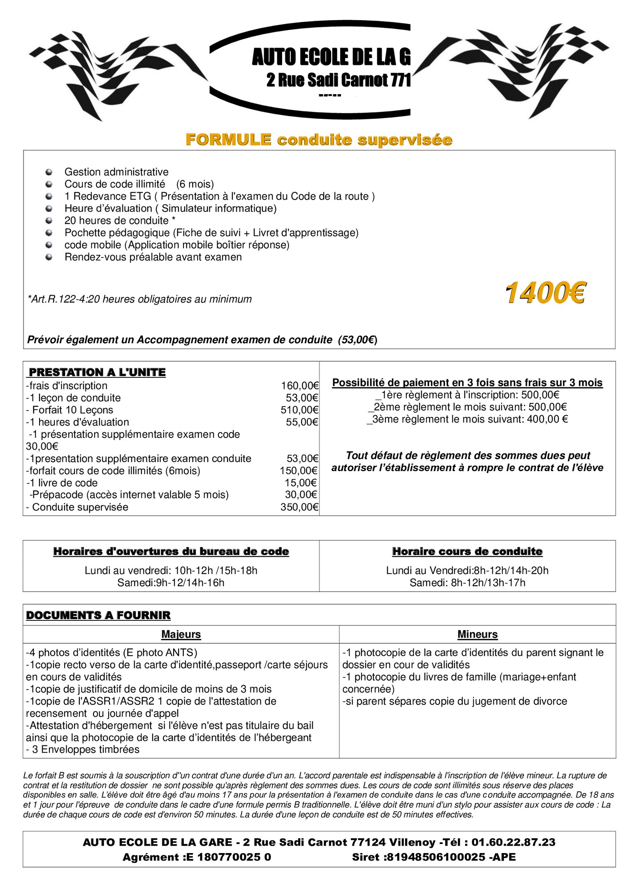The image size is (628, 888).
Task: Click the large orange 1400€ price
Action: click(545, 293)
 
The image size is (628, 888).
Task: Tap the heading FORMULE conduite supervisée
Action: click(319, 140)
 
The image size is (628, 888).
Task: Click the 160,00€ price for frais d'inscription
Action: click(299, 386)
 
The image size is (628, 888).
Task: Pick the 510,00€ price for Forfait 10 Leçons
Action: click(299, 410)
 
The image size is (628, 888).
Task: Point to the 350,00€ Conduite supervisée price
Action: click(299, 507)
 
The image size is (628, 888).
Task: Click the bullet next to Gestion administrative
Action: click(49, 172)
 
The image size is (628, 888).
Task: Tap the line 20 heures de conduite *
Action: click(120, 221)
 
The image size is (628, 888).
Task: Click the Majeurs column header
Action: click(181, 634)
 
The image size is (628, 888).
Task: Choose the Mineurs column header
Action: click(477, 634)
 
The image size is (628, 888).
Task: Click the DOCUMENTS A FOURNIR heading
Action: click(98, 615)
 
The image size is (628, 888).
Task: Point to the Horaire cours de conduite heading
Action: click(467, 551)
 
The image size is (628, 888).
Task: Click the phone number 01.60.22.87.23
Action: click(513, 842)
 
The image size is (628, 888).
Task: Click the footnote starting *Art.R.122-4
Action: click(139, 299)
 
